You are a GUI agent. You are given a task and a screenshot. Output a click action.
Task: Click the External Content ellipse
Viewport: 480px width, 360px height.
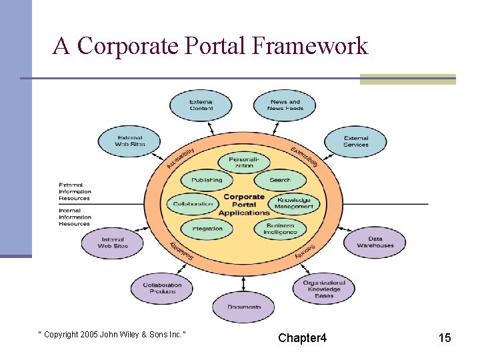pyautogui.click(x=201, y=105)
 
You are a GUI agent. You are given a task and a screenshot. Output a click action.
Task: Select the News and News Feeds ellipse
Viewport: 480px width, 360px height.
pyautogui.click(x=285, y=105)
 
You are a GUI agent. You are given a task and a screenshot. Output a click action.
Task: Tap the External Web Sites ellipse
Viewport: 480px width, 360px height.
pyautogui.click(x=129, y=141)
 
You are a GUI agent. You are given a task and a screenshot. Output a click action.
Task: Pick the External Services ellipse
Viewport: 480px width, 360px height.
pyautogui.click(x=355, y=141)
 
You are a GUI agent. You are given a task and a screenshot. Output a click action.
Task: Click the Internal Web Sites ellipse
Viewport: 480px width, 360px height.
pyautogui.click(x=113, y=243)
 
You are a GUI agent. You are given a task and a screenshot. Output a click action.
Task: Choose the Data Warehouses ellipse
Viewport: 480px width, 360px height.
pyautogui.click(x=375, y=242)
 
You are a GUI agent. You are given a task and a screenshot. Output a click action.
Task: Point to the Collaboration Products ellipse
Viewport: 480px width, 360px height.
pyautogui.click(x=162, y=288)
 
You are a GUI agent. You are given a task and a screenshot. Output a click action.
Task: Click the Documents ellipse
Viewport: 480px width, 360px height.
pyautogui.click(x=243, y=307)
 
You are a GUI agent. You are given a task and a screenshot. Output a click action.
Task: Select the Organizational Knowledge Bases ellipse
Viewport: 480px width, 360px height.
pyautogui.click(x=324, y=289)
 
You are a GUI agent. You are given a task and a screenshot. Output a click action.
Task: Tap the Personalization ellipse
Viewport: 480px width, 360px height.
pyautogui.click(x=244, y=162)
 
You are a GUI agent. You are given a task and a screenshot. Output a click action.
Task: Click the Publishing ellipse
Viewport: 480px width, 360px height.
pyautogui.click(x=207, y=180)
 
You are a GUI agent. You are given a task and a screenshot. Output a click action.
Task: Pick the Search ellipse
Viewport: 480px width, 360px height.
pyautogui.click(x=280, y=180)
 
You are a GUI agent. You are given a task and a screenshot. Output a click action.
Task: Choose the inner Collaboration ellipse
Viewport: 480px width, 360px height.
pyautogui.click(x=193, y=204)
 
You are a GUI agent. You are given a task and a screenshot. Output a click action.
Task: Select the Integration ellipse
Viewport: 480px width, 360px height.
pyautogui.click(x=207, y=229)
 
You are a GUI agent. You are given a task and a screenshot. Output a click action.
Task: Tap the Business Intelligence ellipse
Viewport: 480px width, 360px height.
pyautogui.click(x=280, y=229)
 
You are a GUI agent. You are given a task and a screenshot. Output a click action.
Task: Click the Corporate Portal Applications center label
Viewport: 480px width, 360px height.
pyautogui.click(x=243, y=205)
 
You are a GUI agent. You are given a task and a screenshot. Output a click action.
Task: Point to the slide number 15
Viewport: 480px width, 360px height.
pyautogui.click(x=445, y=338)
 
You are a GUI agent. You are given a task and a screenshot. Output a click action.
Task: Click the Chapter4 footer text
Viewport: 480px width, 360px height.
pyautogui.click(x=303, y=338)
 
